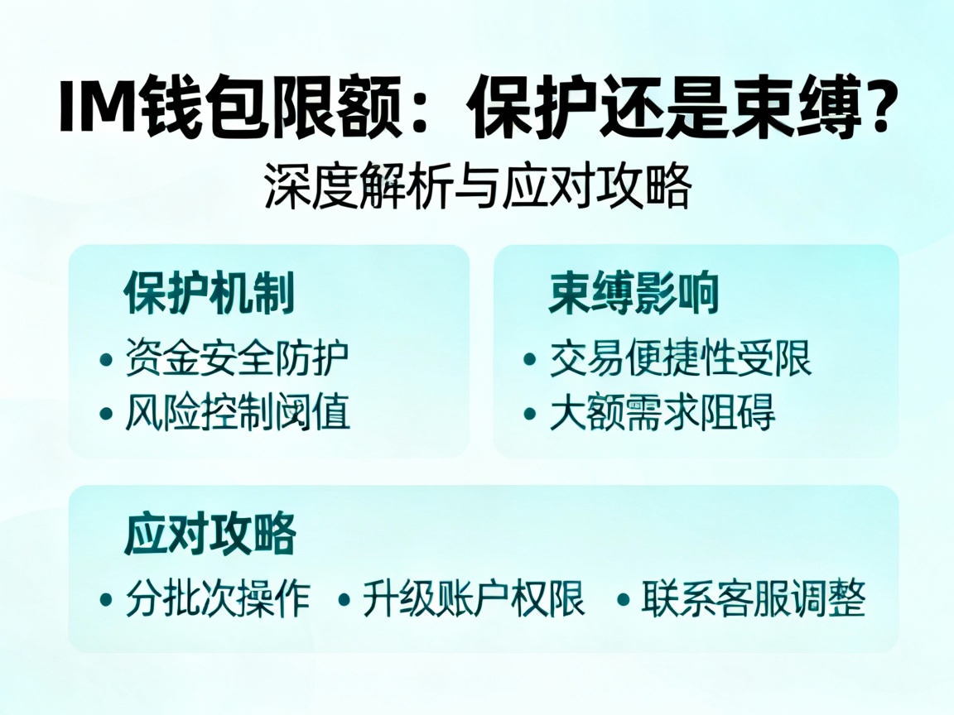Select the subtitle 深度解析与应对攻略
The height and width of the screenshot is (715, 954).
click(477, 187)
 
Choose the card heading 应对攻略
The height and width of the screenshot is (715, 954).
click(210, 535)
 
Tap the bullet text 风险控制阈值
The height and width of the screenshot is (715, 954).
click(237, 411)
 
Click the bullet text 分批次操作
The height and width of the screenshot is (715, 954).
click(218, 598)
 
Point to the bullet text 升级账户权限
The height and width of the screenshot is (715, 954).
click(474, 598)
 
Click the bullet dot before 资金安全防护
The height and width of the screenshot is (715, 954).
click(106, 360)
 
